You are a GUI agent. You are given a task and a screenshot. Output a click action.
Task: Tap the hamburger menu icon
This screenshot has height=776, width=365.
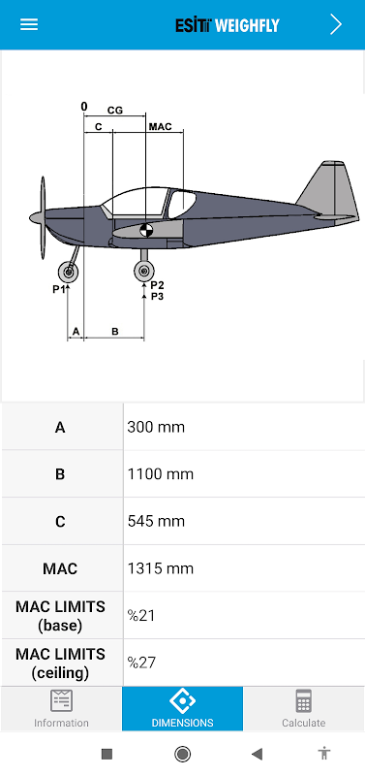(29, 24)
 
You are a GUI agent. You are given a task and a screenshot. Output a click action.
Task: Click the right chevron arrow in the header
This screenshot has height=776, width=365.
(336, 24)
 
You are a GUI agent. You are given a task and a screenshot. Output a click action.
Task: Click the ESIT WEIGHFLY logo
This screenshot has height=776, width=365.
(228, 25)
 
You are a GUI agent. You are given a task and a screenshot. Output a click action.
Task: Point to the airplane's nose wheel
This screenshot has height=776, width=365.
(68, 272)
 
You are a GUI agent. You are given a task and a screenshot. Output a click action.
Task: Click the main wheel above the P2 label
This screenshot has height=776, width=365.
(143, 271)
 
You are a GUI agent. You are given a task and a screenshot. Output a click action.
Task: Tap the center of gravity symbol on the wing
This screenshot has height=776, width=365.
(145, 230)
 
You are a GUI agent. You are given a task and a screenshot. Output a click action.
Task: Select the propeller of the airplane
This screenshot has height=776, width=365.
(44, 217)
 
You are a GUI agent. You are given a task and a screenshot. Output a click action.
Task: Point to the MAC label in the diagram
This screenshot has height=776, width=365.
(161, 127)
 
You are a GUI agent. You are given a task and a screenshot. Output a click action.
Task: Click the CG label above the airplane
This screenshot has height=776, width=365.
(115, 111)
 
